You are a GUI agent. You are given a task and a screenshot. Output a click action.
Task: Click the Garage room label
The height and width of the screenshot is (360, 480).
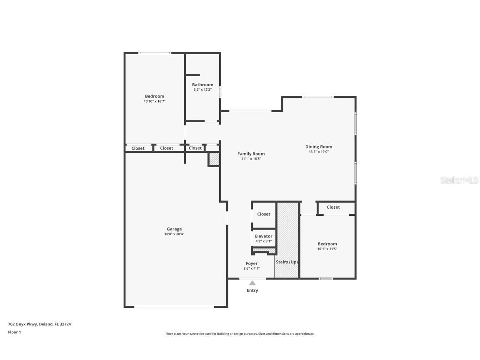point(174,229)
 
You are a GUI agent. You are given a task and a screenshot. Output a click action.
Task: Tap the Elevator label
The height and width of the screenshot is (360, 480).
point(263,236)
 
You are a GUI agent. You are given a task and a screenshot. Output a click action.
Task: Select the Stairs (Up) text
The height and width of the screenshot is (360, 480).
point(287,262)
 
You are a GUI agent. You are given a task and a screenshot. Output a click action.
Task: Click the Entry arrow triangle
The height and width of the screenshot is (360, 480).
point(252,283)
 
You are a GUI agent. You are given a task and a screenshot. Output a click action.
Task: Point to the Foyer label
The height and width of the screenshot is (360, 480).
point(251,263)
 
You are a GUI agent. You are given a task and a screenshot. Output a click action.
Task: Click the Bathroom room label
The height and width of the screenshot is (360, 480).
point(202,85)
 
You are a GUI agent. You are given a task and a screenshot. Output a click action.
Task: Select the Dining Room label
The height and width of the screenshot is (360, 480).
point(319,147)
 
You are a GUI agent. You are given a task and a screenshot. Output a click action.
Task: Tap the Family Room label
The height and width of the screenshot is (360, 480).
point(251,154)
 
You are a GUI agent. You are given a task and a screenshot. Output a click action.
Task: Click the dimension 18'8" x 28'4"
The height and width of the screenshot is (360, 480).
point(174,234)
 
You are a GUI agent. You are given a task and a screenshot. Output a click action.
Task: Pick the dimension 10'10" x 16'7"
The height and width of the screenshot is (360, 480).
point(155,101)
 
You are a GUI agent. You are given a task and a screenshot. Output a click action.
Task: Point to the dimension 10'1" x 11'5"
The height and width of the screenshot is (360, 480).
point(327,249)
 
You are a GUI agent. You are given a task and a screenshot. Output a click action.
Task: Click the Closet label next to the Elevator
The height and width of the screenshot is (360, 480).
point(263,214)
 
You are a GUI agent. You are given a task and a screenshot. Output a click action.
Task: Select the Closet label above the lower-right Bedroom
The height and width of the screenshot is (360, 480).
point(333,207)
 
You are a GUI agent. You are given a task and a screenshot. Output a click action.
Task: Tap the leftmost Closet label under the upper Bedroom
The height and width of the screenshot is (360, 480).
point(138,148)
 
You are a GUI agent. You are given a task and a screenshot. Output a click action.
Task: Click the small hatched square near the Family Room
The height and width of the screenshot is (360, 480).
point(214,160)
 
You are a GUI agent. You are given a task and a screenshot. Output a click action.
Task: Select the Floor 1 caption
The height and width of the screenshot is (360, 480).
point(14,332)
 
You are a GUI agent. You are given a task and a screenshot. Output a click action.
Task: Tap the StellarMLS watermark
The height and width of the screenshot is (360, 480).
point(459,180)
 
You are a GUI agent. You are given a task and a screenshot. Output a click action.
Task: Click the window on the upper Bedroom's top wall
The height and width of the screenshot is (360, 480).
point(155,53)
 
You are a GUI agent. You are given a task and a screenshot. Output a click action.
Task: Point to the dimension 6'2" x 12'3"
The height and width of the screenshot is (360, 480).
point(202,90)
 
